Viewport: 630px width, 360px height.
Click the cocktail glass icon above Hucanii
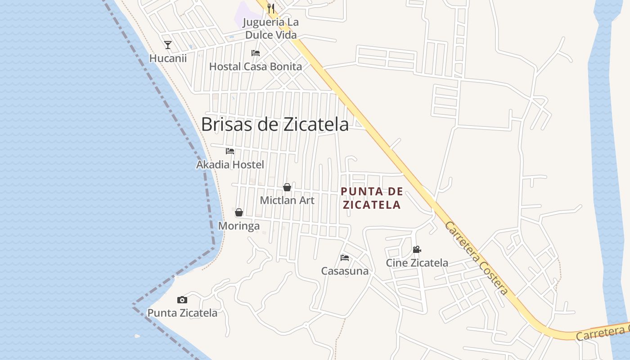click(x=168, y=45)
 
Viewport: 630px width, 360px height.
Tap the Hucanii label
click(x=168, y=58)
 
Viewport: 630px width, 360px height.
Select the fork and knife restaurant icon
click(x=270, y=8)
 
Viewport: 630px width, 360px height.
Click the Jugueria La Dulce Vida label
click(x=270, y=28)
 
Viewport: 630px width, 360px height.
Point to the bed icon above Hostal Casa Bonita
click(x=256, y=53)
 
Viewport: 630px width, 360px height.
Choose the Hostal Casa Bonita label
click(x=256, y=67)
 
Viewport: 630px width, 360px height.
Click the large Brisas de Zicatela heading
click(x=274, y=125)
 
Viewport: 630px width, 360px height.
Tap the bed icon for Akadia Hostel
click(x=230, y=151)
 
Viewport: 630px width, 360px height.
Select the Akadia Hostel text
click(x=230, y=165)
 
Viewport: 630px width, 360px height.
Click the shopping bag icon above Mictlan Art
click(x=287, y=187)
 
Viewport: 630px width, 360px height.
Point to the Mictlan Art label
click(x=287, y=200)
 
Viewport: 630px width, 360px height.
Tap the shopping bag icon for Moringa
click(x=239, y=212)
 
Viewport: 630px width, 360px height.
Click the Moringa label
click(x=239, y=226)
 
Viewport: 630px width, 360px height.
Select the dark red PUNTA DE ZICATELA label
click(x=372, y=198)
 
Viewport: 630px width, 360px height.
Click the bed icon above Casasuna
click(x=345, y=258)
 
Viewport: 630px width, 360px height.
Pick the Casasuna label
click(x=345, y=271)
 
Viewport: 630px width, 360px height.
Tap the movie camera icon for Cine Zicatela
click(x=417, y=249)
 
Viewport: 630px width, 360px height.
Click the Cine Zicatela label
click(x=417, y=263)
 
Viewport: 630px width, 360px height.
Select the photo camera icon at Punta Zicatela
click(x=182, y=300)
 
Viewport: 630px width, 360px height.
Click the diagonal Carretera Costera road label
click(x=477, y=258)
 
